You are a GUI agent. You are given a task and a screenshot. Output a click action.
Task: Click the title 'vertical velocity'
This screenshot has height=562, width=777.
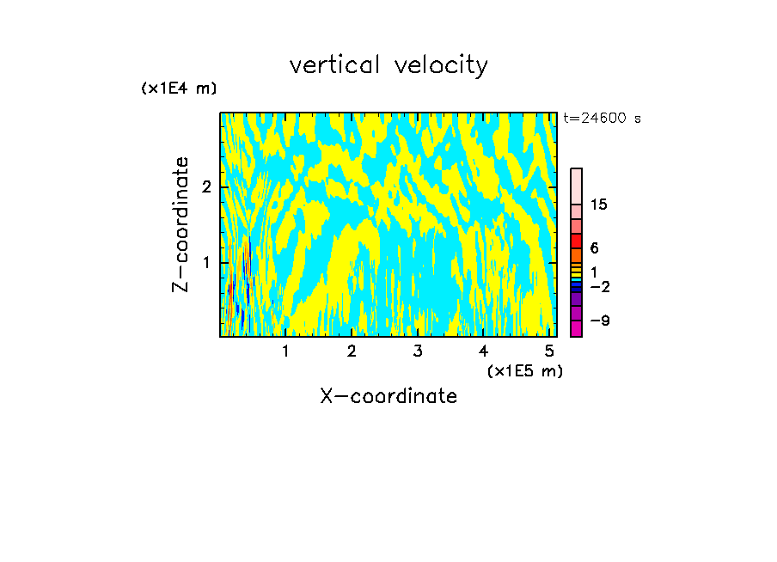click(388, 65)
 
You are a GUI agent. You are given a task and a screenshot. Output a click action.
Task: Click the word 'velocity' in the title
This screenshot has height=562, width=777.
click(440, 65)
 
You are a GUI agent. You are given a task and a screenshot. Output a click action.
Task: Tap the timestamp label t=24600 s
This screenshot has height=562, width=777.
click(602, 119)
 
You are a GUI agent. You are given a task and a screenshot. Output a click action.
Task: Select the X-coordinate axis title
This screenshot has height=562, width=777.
click(388, 396)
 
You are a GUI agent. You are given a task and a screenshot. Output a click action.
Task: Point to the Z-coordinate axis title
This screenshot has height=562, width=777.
click(180, 223)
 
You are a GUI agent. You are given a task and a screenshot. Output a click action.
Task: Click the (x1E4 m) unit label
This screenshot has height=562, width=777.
click(179, 89)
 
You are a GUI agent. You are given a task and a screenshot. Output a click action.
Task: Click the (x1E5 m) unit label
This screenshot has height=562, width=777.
click(524, 370)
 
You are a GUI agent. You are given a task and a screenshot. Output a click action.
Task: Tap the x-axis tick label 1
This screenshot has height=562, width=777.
click(285, 351)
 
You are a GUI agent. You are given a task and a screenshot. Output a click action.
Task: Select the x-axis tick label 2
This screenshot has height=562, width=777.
click(352, 351)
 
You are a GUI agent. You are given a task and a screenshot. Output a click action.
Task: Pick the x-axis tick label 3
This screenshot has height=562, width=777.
click(418, 351)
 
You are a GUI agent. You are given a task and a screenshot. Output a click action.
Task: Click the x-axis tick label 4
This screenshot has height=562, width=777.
click(483, 351)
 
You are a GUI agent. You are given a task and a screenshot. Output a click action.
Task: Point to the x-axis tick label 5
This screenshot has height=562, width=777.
click(549, 351)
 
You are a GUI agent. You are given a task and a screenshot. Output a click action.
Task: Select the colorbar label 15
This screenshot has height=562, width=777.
click(599, 205)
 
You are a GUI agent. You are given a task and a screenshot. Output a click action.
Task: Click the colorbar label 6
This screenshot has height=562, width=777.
click(594, 248)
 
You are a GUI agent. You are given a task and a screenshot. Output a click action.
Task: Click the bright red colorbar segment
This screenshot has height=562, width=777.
click(576, 241)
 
